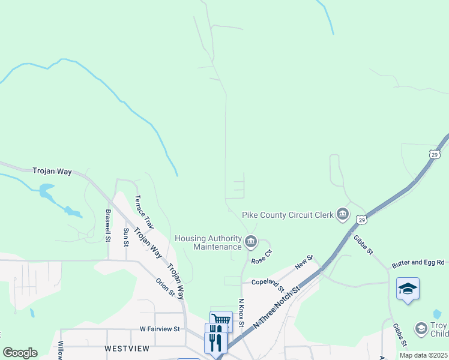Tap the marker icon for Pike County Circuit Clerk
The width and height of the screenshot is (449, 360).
pyautogui.click(x=343, y=214)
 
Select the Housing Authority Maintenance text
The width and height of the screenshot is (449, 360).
pyautogui.click(x=208, y=242)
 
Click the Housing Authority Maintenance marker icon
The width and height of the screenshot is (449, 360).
pyautogui.click(x=251, y=242)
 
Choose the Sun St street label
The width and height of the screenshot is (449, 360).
pyautogui.click(x=126, y=238)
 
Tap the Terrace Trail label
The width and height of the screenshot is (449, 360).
pyautogui.click(x=145, y=212)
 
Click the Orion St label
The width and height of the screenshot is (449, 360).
pyautogui.click(x=165, y=287)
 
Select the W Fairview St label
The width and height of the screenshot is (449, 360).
pyautogui.click(x=160, y=329)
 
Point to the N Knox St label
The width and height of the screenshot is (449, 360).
pyautogui.click(x=241, y=313)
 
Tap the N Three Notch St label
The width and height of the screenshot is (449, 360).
pyautogui.click(x=277, y=306)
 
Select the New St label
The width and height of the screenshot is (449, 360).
pyautogui.click(x=304, y=262)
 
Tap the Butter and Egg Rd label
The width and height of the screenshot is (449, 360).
pyautogui.click(x=418, y=263)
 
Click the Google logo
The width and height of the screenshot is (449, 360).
pyautogui.click(x=20, y=353)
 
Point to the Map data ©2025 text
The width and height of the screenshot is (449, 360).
pyautogui.click(x=423, y=355)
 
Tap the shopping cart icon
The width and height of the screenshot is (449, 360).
pyautogui.click(x=221, y=320)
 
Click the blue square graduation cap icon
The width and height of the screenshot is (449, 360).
pyautogui.click(x=408, y=289)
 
